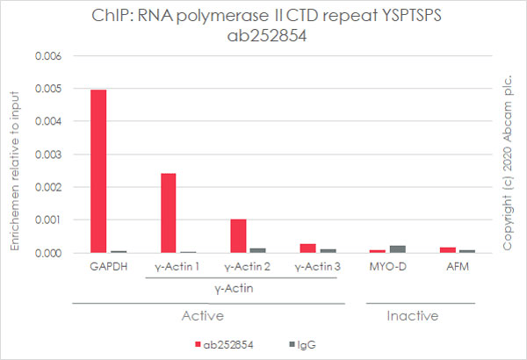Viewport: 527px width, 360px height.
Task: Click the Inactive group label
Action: [413, 315]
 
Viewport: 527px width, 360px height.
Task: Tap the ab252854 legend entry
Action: [223, 345]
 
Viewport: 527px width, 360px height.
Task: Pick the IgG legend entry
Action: [305, 345]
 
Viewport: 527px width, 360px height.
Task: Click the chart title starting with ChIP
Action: [263, 26]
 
